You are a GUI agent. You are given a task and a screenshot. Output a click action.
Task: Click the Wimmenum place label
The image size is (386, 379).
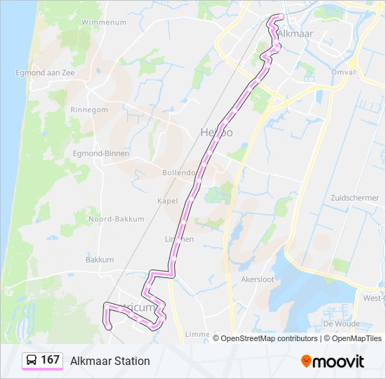coord(104,22)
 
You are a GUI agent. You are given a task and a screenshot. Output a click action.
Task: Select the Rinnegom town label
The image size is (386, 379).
coord(89,110)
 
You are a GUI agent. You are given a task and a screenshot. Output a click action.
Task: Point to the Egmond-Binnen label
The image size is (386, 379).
coord(98,153)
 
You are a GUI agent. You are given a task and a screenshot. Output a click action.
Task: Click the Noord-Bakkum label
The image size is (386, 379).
coord(116,219)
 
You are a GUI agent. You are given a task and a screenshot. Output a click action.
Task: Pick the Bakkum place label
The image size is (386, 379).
coord(100,260)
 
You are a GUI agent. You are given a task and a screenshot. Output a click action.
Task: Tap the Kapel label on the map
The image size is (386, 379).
coord(167,201)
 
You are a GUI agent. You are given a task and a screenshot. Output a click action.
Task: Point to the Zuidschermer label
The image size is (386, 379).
coord(354,198)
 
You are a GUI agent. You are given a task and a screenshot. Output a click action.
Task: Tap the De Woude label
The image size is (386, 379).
coord(341,324)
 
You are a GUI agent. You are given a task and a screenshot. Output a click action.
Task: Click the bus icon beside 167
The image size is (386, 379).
coord(31,361)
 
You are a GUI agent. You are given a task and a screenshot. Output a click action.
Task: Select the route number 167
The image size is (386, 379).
coord(50,360)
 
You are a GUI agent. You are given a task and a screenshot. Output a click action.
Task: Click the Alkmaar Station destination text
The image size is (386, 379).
coord(110,361)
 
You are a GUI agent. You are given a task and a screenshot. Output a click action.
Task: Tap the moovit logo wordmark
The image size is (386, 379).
coord(338,361)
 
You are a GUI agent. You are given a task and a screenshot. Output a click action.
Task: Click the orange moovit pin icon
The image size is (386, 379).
coord(306,361)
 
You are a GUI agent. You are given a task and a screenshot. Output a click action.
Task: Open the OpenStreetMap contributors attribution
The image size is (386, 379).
coord(269,338)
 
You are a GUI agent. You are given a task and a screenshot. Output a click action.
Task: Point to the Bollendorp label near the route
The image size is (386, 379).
coord(178,173)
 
